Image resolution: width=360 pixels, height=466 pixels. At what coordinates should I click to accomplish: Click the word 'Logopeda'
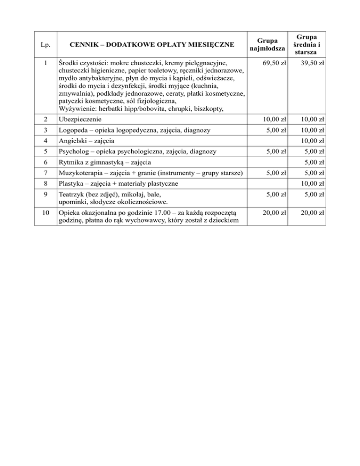click(x=73, y=130)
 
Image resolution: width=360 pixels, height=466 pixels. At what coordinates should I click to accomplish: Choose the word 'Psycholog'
click(x=74, y=151)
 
